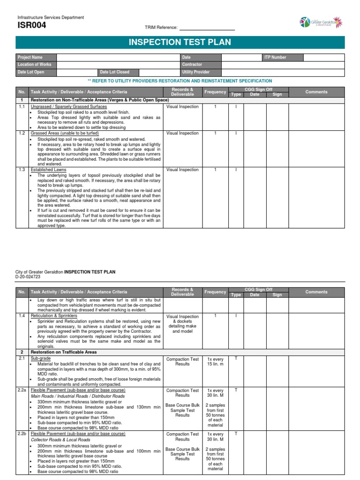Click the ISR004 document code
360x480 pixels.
[x=31, y=26]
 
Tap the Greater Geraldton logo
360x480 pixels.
[x=321, y=22]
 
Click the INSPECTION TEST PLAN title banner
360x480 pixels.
[x=180, y=43]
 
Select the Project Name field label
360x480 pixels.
[x=30, y=57]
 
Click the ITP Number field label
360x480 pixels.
[x=275, y=57]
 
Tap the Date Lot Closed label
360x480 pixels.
[x=114, y=72]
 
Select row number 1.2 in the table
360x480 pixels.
[x=22, y=133]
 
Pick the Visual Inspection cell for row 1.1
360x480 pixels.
[x=182, y=107]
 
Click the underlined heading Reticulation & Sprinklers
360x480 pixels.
[x=54, y=316]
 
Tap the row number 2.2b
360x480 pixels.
[x=22, y=434]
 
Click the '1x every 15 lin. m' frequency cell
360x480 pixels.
[x=216, y=362]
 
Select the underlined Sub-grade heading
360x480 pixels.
[x=41, y=359]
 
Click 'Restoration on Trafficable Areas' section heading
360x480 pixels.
[x=63, y=352]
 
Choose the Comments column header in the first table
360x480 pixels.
[x=316, y=92]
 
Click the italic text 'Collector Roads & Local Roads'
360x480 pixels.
[x=60, y=440]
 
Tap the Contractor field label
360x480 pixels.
[x=192, y=64]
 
